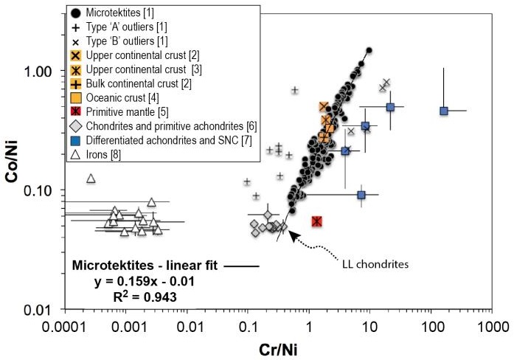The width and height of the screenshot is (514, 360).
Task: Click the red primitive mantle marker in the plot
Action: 316,221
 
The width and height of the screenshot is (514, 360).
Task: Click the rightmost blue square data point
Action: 444,111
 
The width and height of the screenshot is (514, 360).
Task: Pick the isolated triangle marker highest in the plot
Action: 91,179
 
